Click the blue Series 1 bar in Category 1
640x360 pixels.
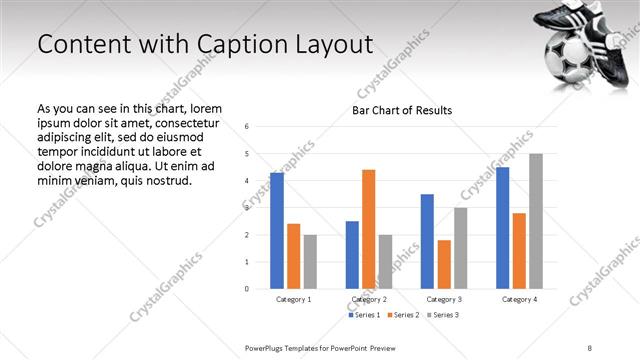(x=277, y=231)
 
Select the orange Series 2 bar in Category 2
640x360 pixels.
(x=369, y=229)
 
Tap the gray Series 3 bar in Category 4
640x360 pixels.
(x=536, y=221)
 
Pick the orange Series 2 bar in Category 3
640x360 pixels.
(x=444, y=264)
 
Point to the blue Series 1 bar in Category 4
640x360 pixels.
(x=502, y=228)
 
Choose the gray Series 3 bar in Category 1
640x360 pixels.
(x=310, y=262)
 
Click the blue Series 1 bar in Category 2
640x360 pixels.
(x=352, y=255)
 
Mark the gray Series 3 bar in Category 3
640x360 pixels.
(x=460, y=248)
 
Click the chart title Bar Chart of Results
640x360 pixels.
(x=402, y=110)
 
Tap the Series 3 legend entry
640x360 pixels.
(x=444, y=315)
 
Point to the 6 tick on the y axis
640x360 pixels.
(x=247, y=126)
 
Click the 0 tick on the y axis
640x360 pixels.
(x=247, y=289)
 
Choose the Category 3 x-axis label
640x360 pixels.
(x=444, y=299)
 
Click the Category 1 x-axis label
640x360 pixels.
(x=294, y=299)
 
